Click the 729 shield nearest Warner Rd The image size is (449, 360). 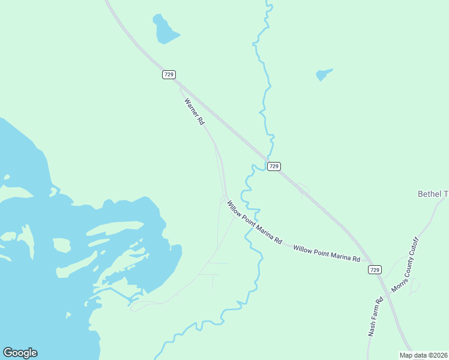[x=169, y=74]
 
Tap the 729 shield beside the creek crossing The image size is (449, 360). [x=274, y=166]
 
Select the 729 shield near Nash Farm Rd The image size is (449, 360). [x=375, y=270]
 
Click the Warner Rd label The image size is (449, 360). [x=194, y=112]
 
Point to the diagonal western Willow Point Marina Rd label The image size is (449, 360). [x=254, y=222]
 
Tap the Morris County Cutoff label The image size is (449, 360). [x=404, y=269]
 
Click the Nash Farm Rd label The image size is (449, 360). [x=375, y=317]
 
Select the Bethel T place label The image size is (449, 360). [x=433, y=194]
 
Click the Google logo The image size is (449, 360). [x=20, y=353]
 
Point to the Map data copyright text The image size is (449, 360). [x=424, y=355]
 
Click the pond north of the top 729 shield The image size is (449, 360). [x=165, y=30]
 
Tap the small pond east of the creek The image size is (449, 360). [x=323, y=74]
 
